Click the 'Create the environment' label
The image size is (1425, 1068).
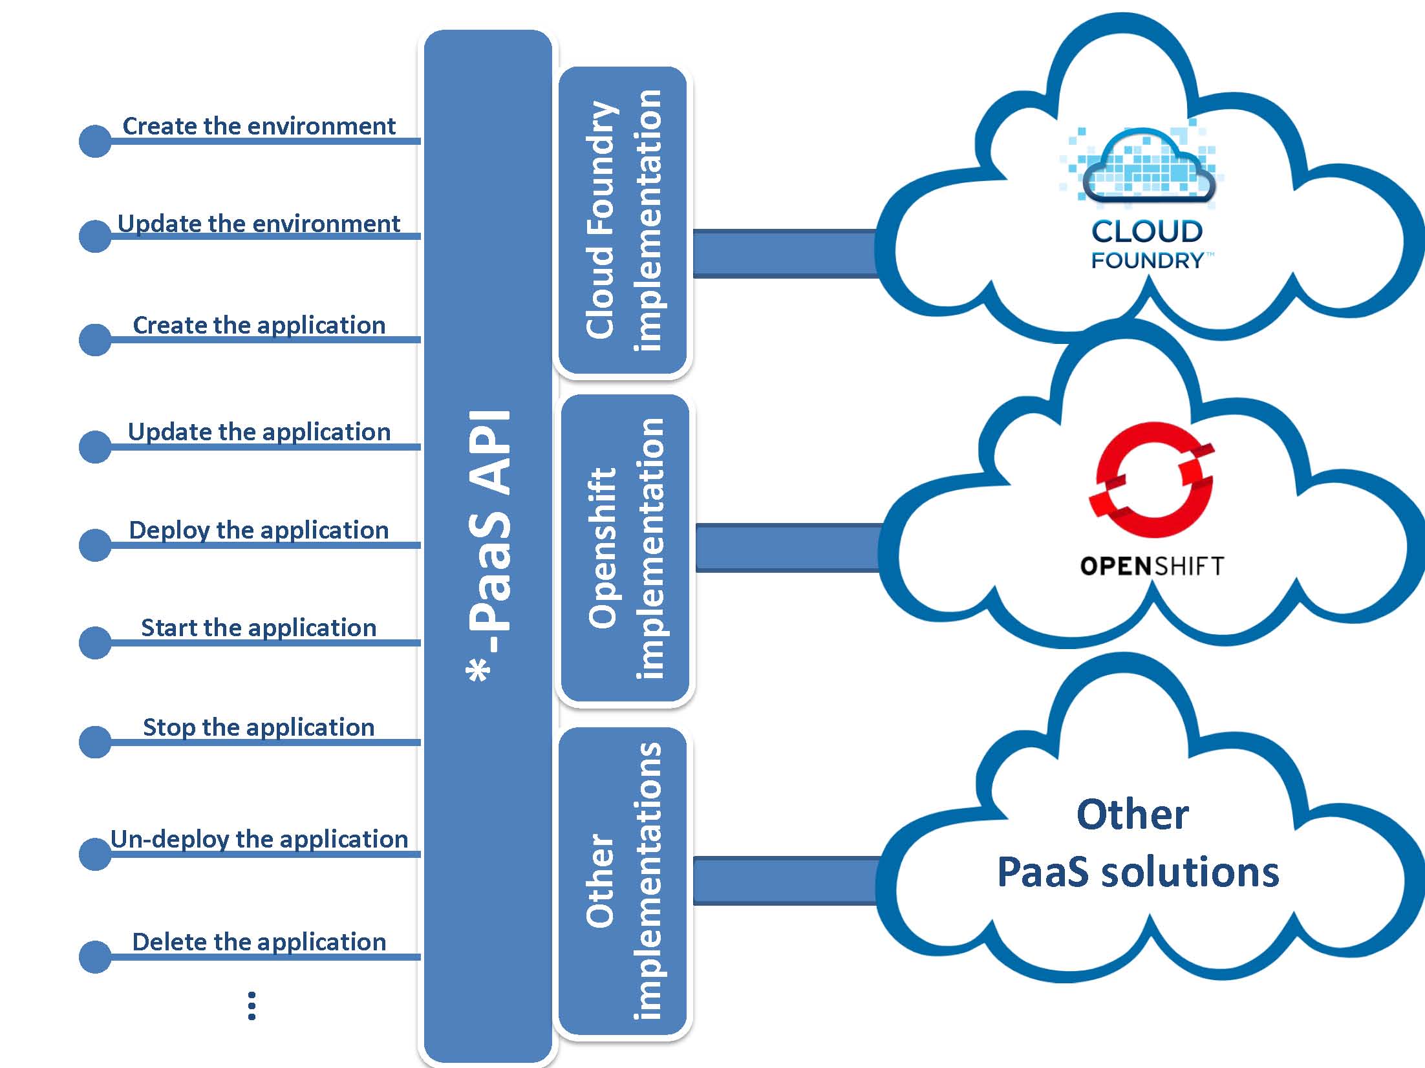259,126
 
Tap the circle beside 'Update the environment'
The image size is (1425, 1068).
95,236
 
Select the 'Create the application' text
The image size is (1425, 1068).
259,325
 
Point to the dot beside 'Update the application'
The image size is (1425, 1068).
95,447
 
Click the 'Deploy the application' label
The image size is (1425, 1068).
259,530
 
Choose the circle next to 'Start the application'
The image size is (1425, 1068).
95,643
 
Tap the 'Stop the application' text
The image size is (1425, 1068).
259,727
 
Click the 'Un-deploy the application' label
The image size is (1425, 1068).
259,839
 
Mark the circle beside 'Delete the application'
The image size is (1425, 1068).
95,957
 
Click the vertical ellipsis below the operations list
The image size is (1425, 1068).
252,1006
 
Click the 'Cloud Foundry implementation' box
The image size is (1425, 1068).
623,220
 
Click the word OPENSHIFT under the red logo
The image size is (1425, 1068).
1152,566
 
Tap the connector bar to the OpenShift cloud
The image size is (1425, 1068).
787,548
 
